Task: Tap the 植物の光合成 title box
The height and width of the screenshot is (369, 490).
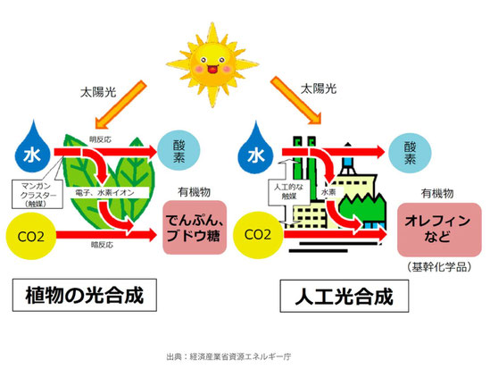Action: (x=85, y=295)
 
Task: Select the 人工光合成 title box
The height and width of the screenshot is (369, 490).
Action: (x=344, y=296)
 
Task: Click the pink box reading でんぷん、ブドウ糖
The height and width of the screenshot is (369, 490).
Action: (x=195, y=227)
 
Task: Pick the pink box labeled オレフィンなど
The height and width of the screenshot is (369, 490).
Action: (x=439, y=230)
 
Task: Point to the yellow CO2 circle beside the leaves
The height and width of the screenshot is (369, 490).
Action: (x=31, y=236)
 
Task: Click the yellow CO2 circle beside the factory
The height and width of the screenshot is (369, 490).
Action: (x=258, y=235)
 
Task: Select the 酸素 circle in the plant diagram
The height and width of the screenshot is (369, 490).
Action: (x=179, y=151)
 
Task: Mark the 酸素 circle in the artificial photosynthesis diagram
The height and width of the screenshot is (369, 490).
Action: (x=410, y=153)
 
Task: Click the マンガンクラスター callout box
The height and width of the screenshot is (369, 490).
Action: (x=37, y=194)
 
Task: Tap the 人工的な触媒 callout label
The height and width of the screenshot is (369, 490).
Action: (x=288, y=192)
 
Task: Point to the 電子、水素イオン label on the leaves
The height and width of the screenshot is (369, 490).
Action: (x=104, y=193)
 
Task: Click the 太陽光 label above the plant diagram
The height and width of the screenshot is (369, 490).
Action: (x=98, y=92)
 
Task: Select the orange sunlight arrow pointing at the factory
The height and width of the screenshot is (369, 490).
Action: (x=296, y=100)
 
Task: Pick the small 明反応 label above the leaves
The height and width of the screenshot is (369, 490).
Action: (x=100, y=139)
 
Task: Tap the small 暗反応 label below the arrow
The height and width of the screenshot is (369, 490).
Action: (x=102, y=245)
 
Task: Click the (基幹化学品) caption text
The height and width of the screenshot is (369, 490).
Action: (x=439, y=267)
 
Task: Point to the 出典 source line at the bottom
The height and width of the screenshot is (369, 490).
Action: (x=228, y=356)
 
